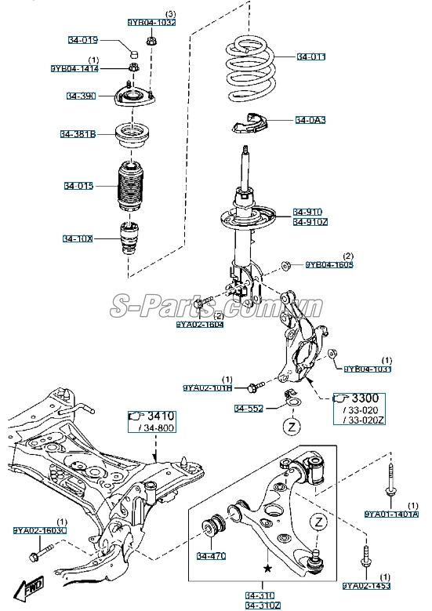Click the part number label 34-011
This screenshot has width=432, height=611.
310,57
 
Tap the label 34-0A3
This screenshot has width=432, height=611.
310,120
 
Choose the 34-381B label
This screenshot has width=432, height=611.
78,134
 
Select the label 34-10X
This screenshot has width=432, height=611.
78,238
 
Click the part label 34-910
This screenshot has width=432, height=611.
308,212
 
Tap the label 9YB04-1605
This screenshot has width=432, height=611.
330,264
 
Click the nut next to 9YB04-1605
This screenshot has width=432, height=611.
287,265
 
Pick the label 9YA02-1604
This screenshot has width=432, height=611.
199,323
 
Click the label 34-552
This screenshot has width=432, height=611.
249,409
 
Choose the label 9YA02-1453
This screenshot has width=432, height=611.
365,585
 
